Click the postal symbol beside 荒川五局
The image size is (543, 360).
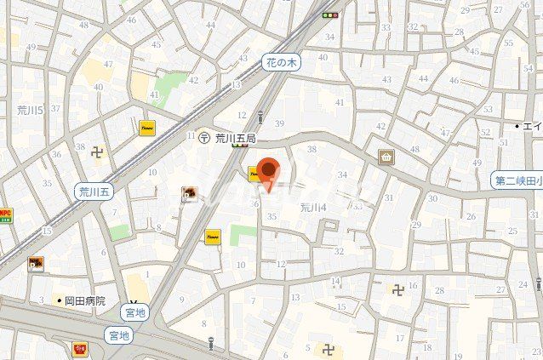pos(204,136)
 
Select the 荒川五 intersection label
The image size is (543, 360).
pos(94,191)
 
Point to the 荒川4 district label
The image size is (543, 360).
pos(314,207)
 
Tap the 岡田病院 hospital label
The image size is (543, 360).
pos(82,300)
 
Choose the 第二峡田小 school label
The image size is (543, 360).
pos(517,180)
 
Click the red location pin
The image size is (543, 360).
pos(269,173)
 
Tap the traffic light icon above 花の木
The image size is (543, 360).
pos(329,14)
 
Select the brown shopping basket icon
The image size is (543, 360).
pos(386,157)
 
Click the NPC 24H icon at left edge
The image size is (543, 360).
pos(5,214)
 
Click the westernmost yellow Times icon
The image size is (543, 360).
pos(146,128)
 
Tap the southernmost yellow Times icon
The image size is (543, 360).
pos(212,237)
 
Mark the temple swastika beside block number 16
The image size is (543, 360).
pos(397,289)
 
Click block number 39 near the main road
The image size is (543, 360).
pos(279,123)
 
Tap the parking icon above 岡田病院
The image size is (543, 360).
pos(36,264)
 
